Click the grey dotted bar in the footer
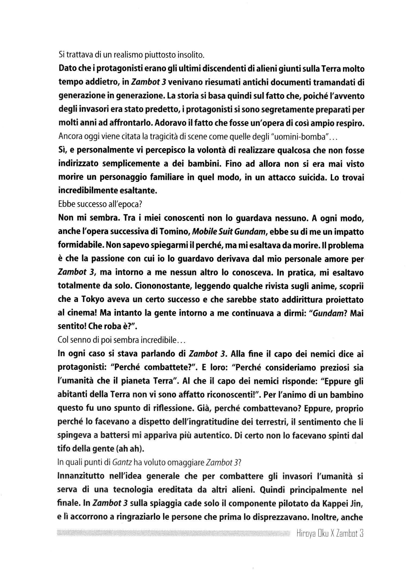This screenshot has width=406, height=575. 174,534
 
